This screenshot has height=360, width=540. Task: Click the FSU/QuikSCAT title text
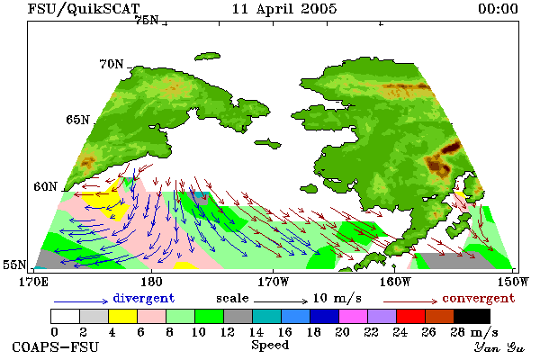pyautogui.click(x=84, y=9)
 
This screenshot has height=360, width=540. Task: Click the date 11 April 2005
pyautogui.click(x=284, y=9)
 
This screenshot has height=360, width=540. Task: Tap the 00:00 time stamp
pyautogui.click(x=498, y=9)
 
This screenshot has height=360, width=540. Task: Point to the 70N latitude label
pyautogui.click(x=112, y=64)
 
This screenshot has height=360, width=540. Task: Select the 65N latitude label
pyautogui.click(x=77, y=120)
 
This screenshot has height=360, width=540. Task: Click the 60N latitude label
pyautogui.click(x=45, y=186)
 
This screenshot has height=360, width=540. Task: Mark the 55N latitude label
pyautogui.click(x=14, y=265)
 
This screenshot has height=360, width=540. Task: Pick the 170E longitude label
pyautogui.click(x=33, y=282)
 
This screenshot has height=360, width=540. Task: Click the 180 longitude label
pyautogui.click(x=151, y=282)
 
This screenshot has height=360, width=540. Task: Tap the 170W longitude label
pyautogui.click(x=274, y=282)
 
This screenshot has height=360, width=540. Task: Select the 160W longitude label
pyautogui.click(x=396, y=282)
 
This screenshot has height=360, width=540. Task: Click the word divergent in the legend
pyautogui.click(x=144, y=298)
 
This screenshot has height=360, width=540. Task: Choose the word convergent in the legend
pyautogui.click(x=479, y=298)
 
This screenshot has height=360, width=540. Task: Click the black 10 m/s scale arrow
pyautogui.click(x=281, y=301)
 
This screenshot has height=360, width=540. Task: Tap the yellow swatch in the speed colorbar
pyautogui.click(x=123, y=316)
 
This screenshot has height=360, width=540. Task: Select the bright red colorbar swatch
pyautogui.click(x=411, y=316)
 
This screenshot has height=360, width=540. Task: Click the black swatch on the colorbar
pyautogui.click(x=472, y=316)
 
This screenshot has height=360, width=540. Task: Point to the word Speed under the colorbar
pyautogui.click(x=270, y=345)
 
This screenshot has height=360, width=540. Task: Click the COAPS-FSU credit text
pyautogui.click(x=56, y=346)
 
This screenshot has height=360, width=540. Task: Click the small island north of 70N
pyautogui.click(x=207, y=57)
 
